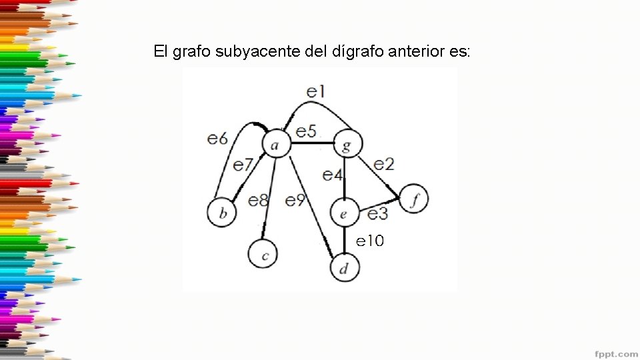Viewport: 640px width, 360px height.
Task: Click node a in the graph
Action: (276, 143)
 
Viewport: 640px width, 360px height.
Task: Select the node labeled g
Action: (346, 143)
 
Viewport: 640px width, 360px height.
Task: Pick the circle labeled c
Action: (263, 255)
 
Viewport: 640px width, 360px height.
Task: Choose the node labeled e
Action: (344, 213)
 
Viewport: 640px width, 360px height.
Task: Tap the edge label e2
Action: (383, 163)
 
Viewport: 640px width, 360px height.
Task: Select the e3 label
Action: (378, 213)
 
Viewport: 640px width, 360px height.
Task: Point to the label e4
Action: (332, 175)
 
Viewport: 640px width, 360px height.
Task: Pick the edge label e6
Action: (217, 138)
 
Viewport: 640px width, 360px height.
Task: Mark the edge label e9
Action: (295, 199)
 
